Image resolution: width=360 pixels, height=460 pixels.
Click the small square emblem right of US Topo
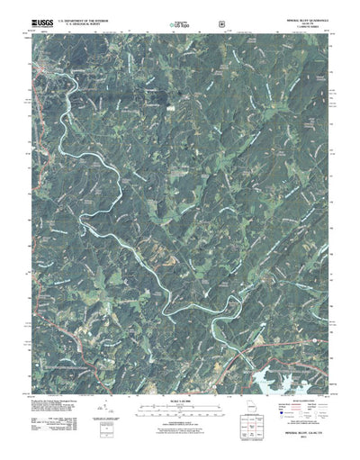(x=208, y=19)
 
